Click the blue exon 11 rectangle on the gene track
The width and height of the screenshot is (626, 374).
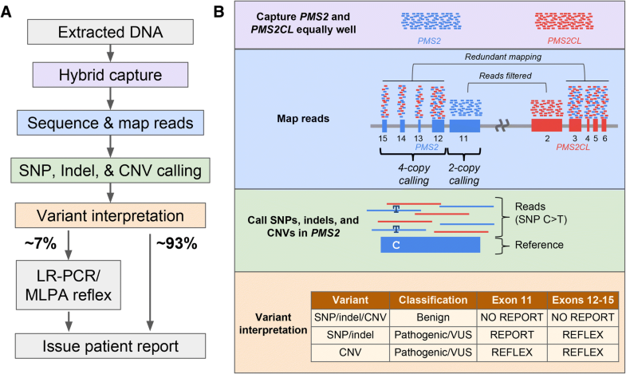464,126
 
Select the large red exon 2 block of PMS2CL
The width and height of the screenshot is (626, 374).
546,126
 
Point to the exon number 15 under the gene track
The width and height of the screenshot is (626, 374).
384,139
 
